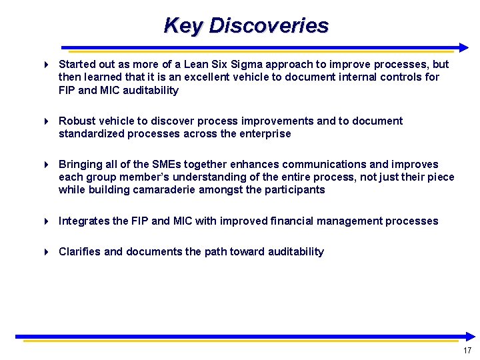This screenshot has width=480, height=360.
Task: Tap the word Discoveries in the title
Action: pyautogui.click(x=269, y=25)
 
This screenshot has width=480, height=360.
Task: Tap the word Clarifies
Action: pyautogui.click(x=80, y=252)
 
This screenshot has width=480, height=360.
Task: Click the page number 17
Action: pyautogui.click(x=467, y=351)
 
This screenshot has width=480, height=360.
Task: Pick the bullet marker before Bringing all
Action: pyautogui.click(x=46, y=165)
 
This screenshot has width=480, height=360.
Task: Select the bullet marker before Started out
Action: pyautogui.click(x=46, y=65)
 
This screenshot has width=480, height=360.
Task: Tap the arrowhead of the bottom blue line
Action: pyautogui.click(x=471, y=337)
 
